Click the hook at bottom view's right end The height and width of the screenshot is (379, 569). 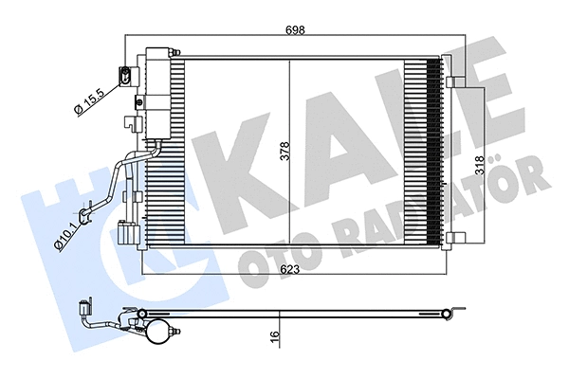click(x=460, y=308)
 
